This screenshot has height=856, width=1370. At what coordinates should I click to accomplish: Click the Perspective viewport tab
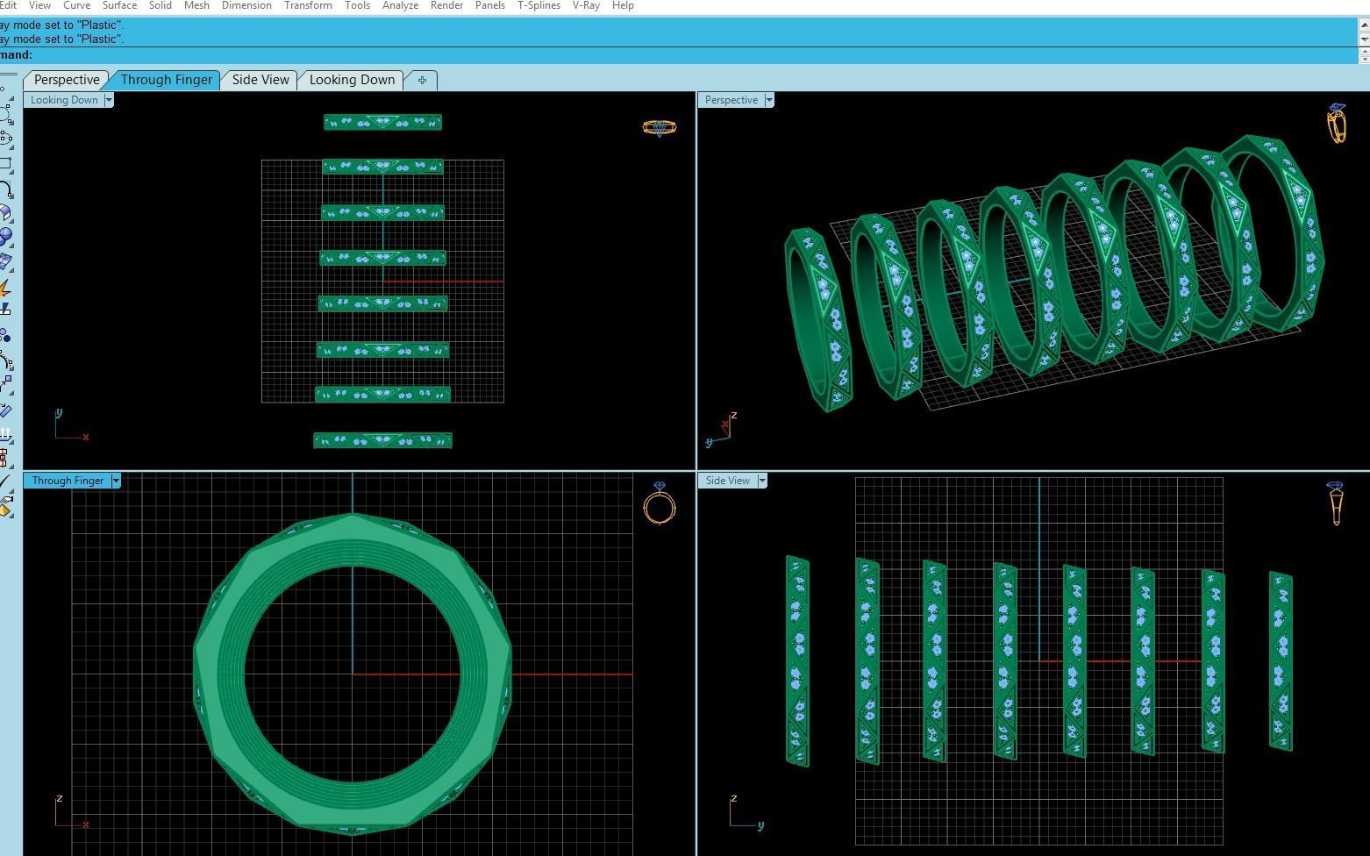point(67,80)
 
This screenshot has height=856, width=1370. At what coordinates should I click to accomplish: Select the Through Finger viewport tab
point(166,80)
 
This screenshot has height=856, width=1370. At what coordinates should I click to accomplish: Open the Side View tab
point(260,80)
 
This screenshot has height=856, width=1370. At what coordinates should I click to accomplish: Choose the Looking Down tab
point(352,80)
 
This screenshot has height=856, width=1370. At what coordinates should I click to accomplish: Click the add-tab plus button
point(422,81)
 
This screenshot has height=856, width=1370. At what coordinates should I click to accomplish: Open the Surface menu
point(119,5)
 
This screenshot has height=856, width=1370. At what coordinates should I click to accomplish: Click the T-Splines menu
point(539,5)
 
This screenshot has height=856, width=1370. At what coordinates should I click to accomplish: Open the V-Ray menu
point(586,5)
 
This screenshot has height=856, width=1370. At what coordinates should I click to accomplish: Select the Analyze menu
point(400,5)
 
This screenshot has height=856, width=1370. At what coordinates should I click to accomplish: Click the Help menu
point(623,5)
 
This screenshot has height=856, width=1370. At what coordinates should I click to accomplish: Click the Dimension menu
point(246,5)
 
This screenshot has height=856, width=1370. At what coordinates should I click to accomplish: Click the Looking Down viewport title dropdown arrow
point(109,100)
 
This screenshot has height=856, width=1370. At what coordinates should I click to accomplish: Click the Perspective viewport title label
point(731,100)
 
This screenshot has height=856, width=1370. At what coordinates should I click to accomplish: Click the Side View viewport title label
point(727,481)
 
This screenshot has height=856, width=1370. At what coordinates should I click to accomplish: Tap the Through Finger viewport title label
point(68,481)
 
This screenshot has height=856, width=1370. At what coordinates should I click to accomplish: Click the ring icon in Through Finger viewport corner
point(660,503)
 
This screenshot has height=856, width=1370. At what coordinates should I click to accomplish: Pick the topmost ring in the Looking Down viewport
point(382,123)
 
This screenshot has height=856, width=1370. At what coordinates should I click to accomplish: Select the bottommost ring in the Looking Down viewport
point(382,440)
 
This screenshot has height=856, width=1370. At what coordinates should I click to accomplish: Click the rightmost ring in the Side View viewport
point(1281,661)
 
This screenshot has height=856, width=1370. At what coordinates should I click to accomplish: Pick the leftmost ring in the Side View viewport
point(797,661)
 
